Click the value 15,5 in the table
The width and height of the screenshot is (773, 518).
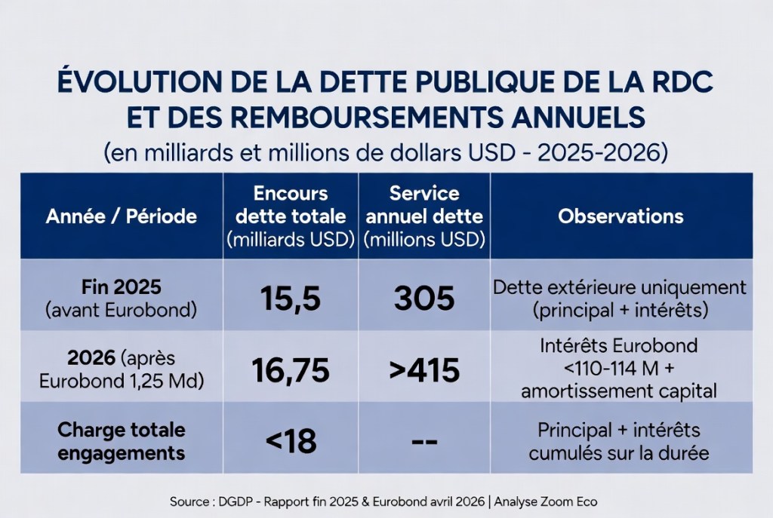pos(291,299)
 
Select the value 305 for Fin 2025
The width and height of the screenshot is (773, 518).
pos(424,299)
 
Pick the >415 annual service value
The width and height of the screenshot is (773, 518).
pos(424,370)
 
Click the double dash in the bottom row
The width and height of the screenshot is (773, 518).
pos(424,440)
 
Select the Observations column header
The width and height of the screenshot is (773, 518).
pos(621,216)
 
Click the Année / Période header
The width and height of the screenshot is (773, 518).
pos(122,216)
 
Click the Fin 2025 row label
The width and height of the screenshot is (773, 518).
pos(122,287)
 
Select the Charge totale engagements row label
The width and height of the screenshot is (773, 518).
pos(122,441)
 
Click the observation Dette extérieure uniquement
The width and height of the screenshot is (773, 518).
pos(620,287)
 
